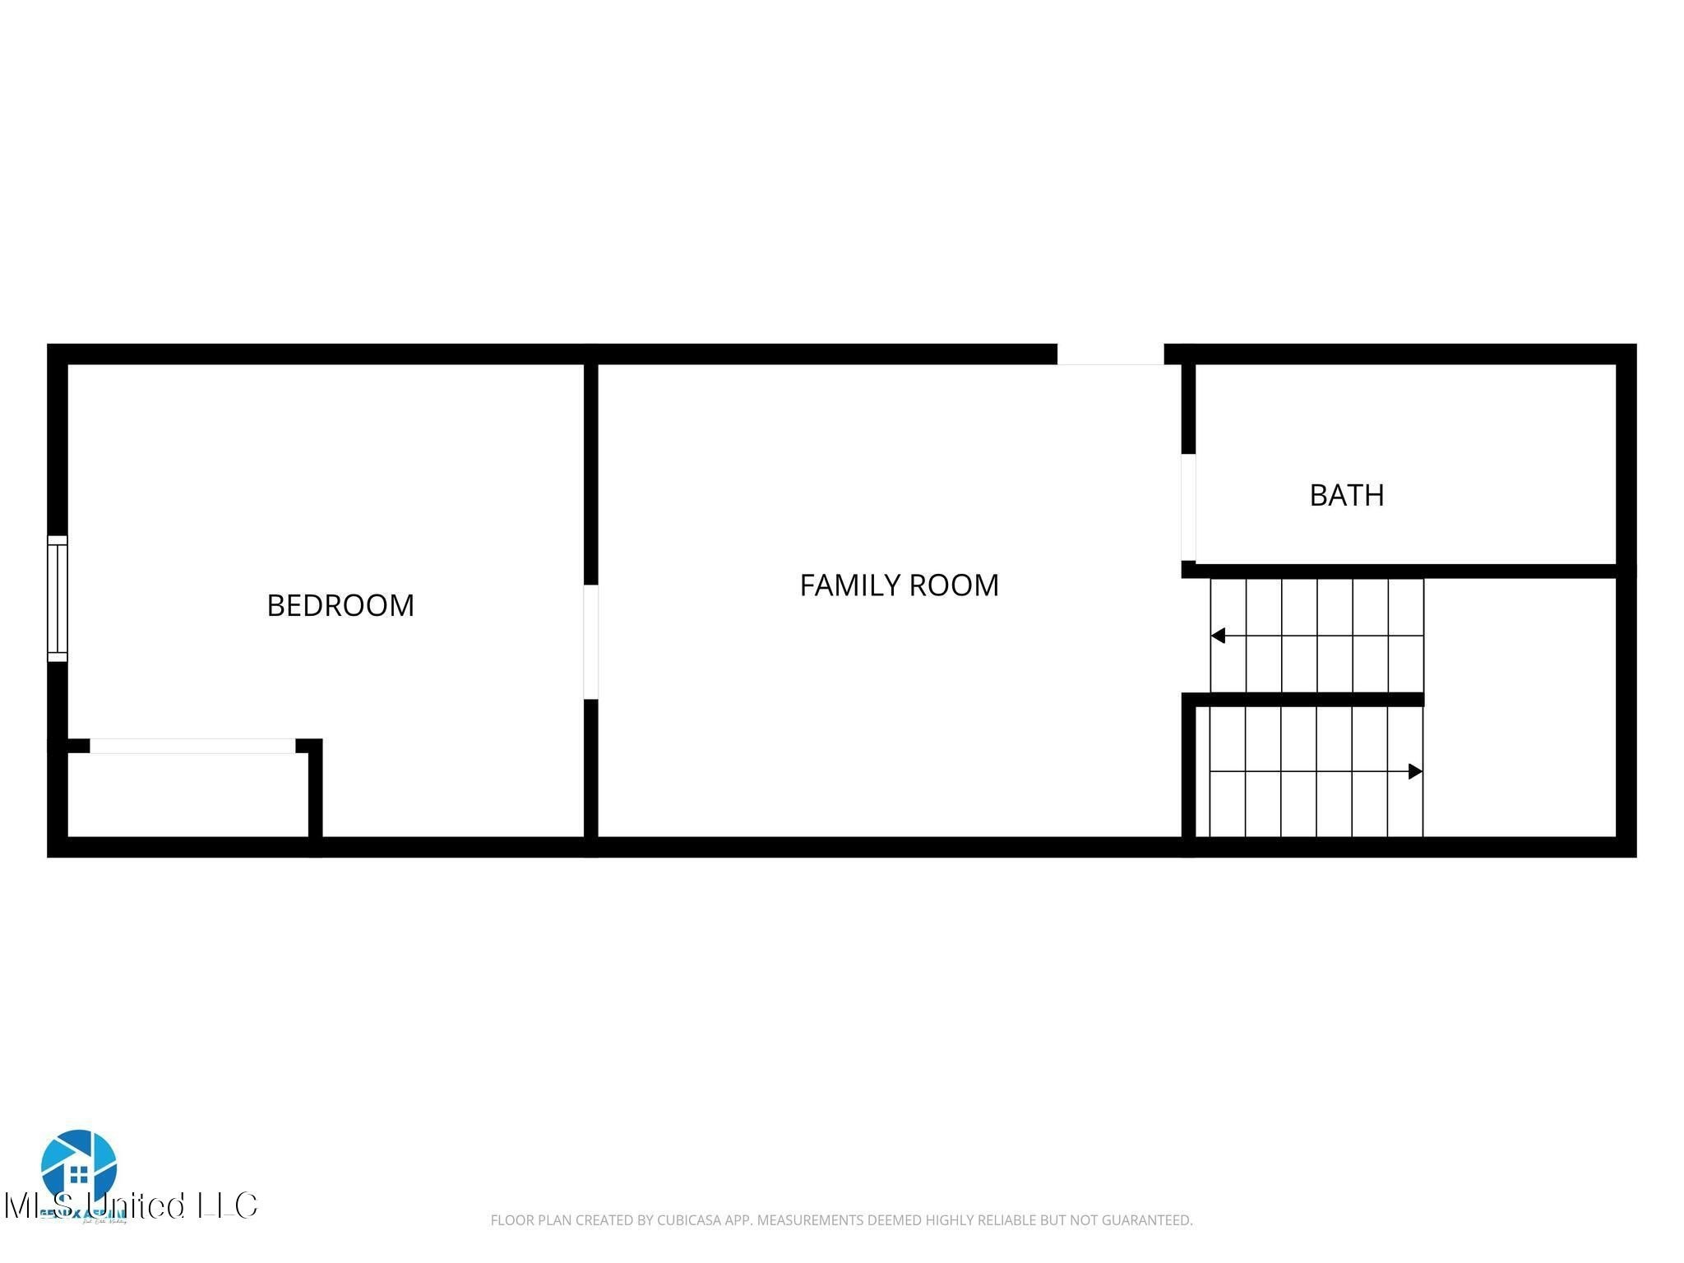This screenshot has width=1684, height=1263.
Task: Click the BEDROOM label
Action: point(340,605)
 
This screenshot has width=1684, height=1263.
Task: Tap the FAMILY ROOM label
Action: point(899,585)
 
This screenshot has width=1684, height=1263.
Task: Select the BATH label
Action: point(1346,495)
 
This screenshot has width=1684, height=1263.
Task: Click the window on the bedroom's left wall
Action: point(57,598)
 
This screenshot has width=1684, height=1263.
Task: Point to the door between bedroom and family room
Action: point(590,641)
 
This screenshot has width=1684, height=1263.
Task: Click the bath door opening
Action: point(1187,507)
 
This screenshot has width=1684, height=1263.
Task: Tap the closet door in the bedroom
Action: point(192,746)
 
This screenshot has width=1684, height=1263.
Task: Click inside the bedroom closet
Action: point(187,794)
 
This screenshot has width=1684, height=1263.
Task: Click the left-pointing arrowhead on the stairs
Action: point(1218,636)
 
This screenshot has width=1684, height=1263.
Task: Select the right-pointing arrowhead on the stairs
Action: point(1415,771)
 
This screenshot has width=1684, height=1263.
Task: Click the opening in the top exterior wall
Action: point(1110,354)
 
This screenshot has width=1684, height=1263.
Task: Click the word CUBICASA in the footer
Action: point(689,1220)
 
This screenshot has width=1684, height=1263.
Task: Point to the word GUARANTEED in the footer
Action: point(1146,1220)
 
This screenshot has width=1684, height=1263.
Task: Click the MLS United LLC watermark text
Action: point(132,1206)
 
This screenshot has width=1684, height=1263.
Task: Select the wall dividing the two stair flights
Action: point(1307,700)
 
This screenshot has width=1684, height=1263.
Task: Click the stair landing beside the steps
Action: point(1520,707)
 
